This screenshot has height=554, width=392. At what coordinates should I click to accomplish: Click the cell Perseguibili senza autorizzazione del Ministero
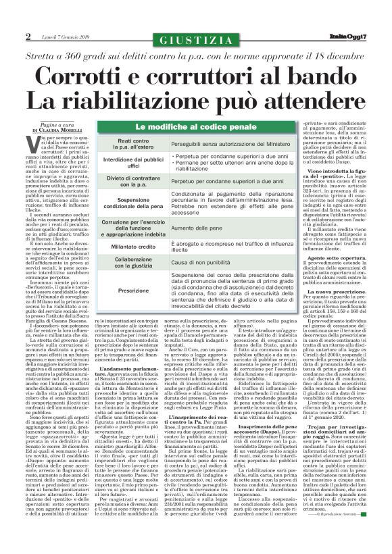click(227, 144)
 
